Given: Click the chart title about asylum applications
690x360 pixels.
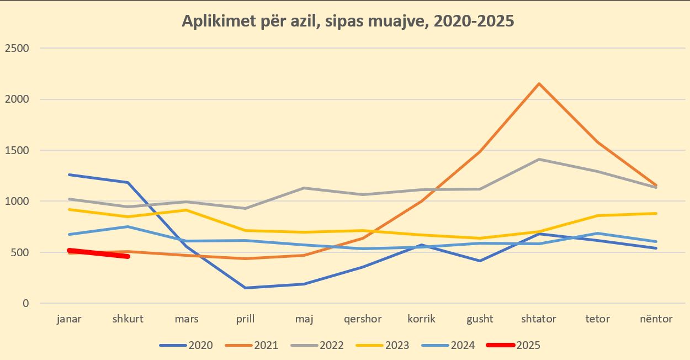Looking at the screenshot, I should coord(348,21).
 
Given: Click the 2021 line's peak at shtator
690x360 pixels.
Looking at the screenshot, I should coord(539,83).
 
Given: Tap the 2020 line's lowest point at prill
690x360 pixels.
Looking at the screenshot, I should coord(245,288).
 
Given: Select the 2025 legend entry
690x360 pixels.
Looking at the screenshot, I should coord(513,346).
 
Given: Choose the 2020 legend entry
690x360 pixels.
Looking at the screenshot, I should coord(186,346).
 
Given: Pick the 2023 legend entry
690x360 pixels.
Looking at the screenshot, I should coord(383,346).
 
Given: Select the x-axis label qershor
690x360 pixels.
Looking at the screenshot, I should coord(363,319).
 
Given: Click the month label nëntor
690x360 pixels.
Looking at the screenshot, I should coord(656,319).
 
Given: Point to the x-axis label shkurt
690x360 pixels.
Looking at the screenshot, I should coord(128,319).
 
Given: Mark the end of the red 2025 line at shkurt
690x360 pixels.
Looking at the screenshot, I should coord(128,256).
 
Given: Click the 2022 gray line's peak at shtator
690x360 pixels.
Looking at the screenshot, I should coord(539,159).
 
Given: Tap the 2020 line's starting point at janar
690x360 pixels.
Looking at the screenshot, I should coord(69,174).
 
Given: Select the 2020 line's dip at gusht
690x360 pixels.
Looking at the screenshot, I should coord(480,261).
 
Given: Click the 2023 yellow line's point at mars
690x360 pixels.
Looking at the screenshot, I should coord(187,210).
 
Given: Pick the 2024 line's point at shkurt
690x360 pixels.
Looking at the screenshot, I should coord(128,226).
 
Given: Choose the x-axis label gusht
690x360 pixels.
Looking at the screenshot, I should coord(480,319).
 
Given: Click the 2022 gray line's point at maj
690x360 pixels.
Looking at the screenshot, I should coord(304,188).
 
